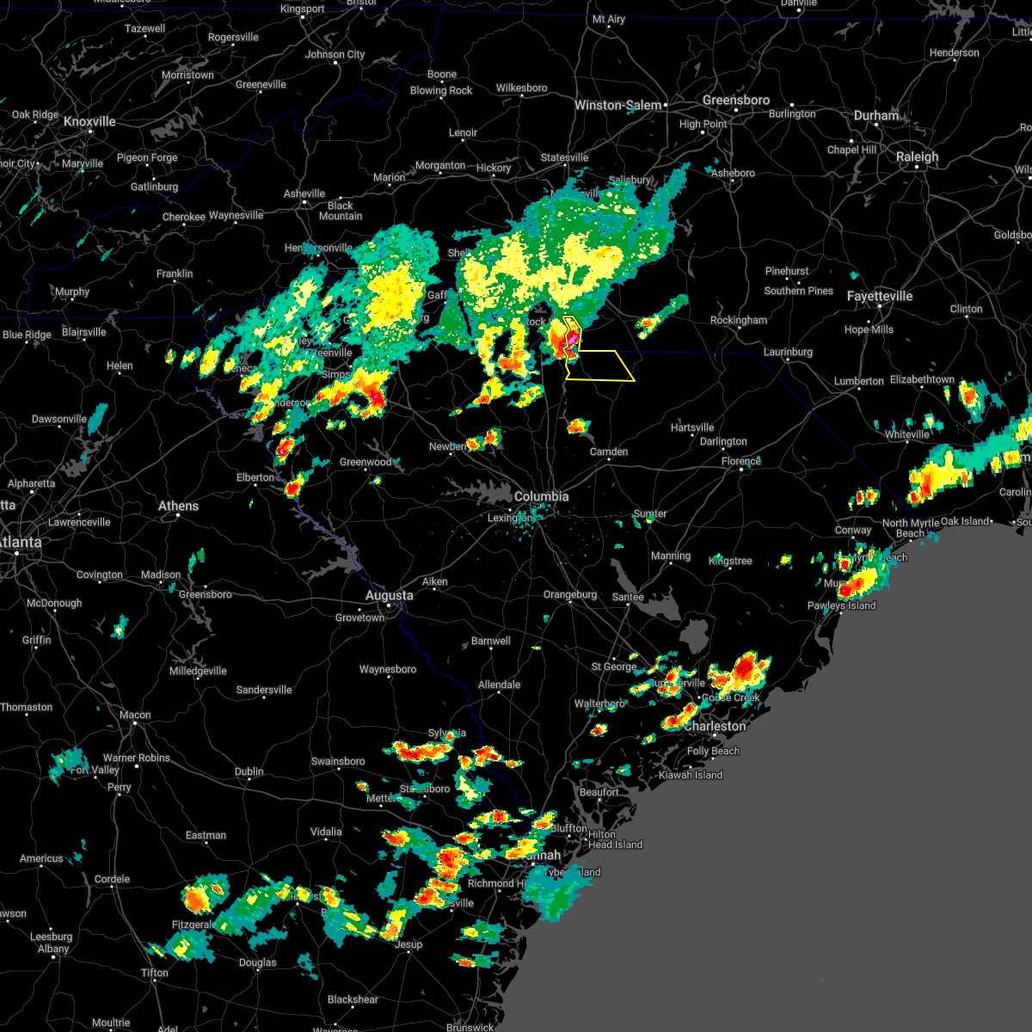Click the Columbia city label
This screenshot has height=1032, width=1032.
click(x=541, y=496)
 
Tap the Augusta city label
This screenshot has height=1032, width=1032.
click(x=389, y=595)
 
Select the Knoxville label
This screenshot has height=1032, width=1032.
click(x=89, y=121)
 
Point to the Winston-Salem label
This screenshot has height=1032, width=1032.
click(x=618, y=105)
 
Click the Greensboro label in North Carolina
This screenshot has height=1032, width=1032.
click(x=735, y=100)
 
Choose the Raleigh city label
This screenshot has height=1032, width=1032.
click(x=917, y=157)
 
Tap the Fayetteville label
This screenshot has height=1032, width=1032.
click(x=879, y=296)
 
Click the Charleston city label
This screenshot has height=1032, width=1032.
click(x=715, y=726)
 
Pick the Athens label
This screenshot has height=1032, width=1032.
click(x=178, y=506)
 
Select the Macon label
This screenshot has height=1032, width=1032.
click(x=135, y=715)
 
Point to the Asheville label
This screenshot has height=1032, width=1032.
click(x=304, y=193)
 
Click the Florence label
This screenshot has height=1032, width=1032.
click(x=740, y=461)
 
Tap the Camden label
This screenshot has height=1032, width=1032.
click(x=609, y=451)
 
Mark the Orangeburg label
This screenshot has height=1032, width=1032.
click(x=569, y=594)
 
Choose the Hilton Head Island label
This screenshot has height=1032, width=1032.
click(x=615, y=839)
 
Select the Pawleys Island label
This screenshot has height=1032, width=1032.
click(x=841, y=605)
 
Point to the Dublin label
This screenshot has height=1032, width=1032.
click(x=249, y=771)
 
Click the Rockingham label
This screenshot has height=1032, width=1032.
click(x=739, y=320)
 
